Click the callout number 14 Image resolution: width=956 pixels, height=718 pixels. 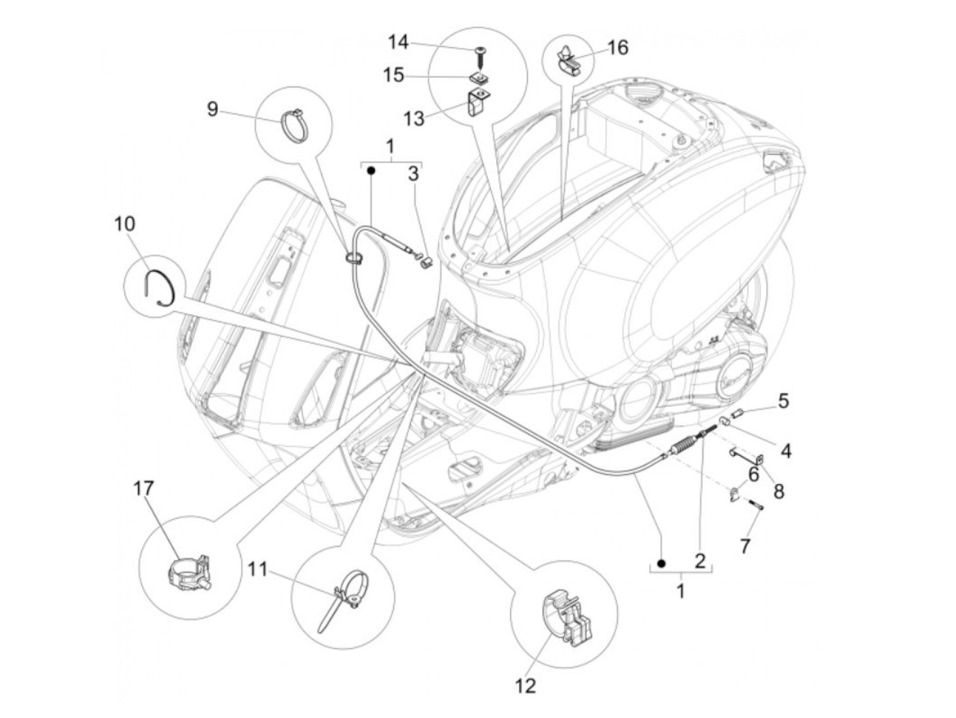(398, 42)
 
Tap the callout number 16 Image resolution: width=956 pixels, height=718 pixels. (617, 47)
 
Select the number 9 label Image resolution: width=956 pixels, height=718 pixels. (212, 108)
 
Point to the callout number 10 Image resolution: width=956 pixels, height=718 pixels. (126, 224)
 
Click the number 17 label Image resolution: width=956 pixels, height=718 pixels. (144, 489)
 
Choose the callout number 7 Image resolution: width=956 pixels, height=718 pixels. (745, 545)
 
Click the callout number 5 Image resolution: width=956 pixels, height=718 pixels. (783, 401)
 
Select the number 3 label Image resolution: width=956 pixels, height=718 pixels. (412, 173)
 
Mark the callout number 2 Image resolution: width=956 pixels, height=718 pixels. (699, 561)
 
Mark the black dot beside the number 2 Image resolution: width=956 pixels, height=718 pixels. (660, 562)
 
